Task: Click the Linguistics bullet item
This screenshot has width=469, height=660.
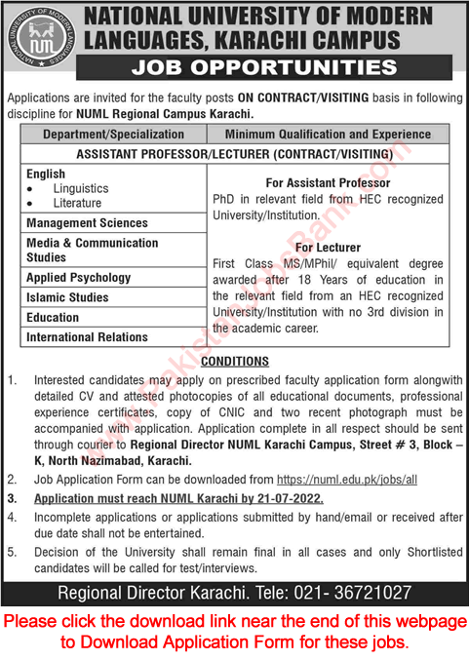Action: pyautogui.click(x=81, y=188)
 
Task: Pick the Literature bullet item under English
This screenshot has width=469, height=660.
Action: pyautogui.click(x=78, y=203)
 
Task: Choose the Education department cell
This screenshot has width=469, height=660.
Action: pyautogui.click(x=54, y=317)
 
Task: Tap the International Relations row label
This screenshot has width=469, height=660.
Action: pyautogui.click(x=88, y=337)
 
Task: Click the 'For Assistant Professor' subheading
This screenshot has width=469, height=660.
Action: pyautogui.click(x=328, y=183)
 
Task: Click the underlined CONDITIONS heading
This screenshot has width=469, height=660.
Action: pyautogui.click(x=234, y=362)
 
